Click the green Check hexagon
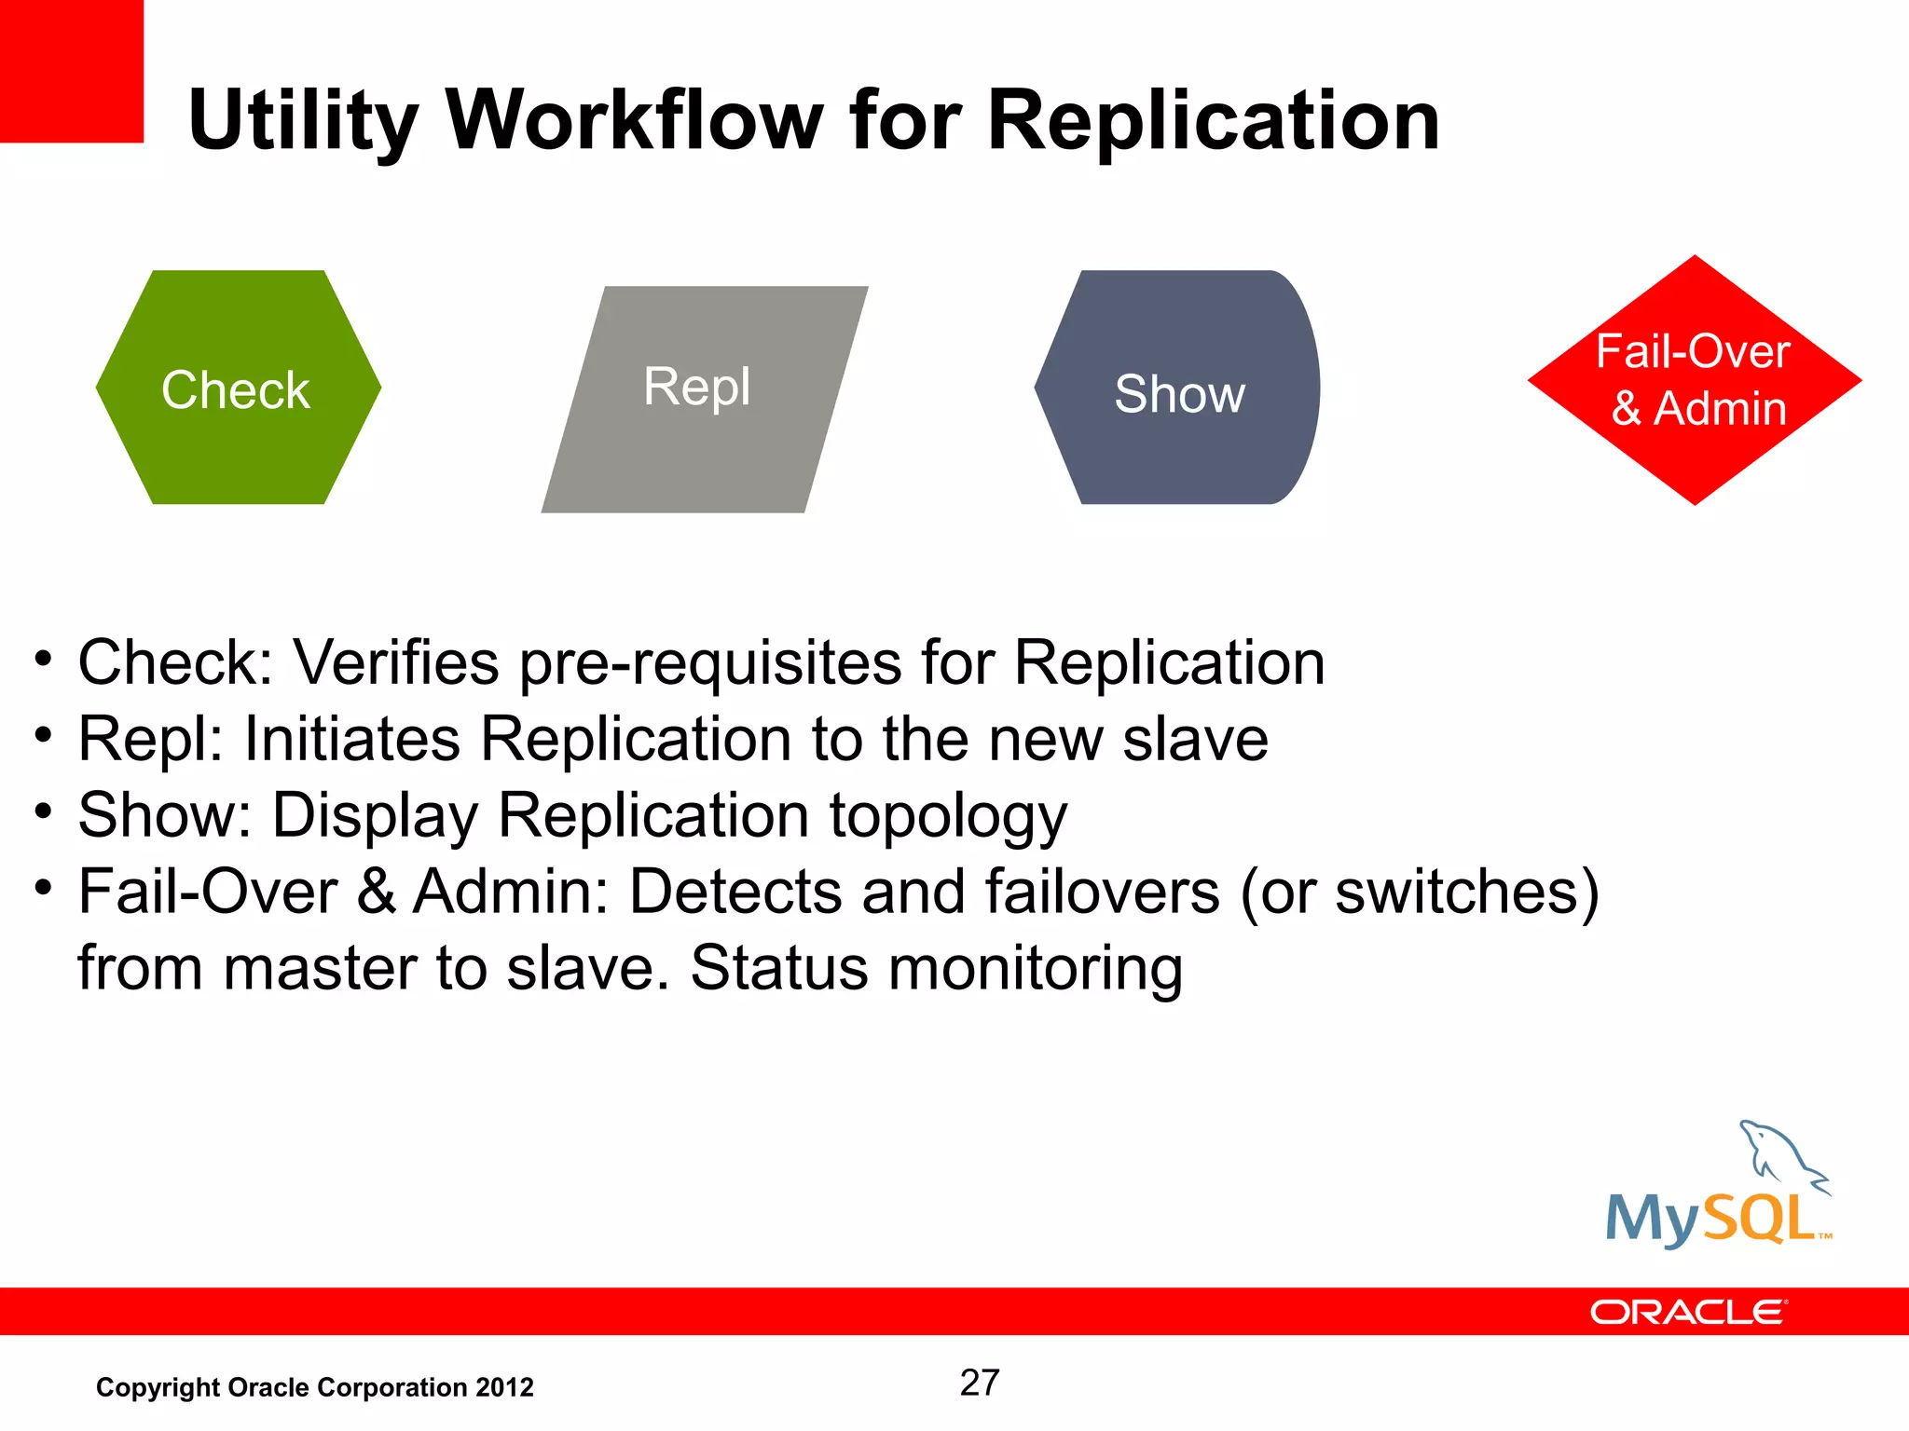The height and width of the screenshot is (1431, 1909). pyautogui.click(x=238, y=388)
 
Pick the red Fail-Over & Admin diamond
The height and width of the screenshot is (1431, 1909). pyautogui.click(x=1694, y=380)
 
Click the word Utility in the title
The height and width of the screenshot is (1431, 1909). pyautogui.click(x=303, y=121)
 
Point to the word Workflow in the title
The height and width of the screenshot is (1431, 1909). pyautogui.click(x=635, y=121)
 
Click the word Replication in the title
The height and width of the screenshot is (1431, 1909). pyautogui.click(x=1213, y=121)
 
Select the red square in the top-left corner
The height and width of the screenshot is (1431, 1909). pyautogui.click(x=71, y=71)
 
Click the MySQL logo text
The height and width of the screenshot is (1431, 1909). pyautogui.click(x=1711, y=1219)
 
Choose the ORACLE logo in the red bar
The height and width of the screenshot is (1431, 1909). pyautogui.click(x=1688, y=1312)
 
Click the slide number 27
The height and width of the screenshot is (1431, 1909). pyautogui.click(x=980, y=1383)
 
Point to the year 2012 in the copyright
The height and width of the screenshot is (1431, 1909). pyautogui.click(x=504, y=1387)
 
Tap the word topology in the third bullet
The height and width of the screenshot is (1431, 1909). pyautogui.click(x=948, y=817)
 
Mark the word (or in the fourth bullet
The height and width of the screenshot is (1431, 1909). pyautogui.click(x=1278, y=892)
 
